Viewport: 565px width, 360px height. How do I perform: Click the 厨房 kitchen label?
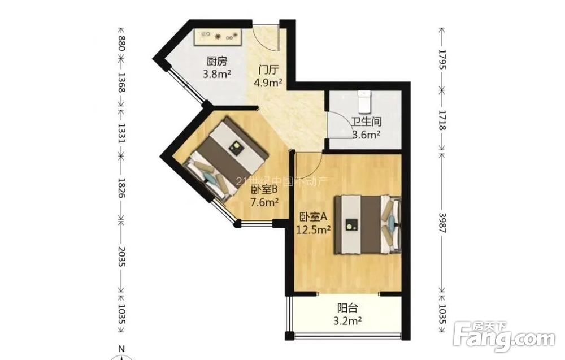coord(217,61)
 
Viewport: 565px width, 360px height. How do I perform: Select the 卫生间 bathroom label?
coord(367,122)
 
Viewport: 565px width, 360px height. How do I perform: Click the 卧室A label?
coord(313,216)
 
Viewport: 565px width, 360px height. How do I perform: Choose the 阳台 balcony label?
coord(347,308)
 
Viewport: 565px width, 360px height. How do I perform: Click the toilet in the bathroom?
coord(364,102)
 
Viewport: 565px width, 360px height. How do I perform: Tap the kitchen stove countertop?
coord(218,37)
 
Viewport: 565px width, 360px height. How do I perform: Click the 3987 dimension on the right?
coord(442,223)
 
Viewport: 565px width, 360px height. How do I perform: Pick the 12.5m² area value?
coord(313,229)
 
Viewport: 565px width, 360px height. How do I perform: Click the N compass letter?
coord(121,349)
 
